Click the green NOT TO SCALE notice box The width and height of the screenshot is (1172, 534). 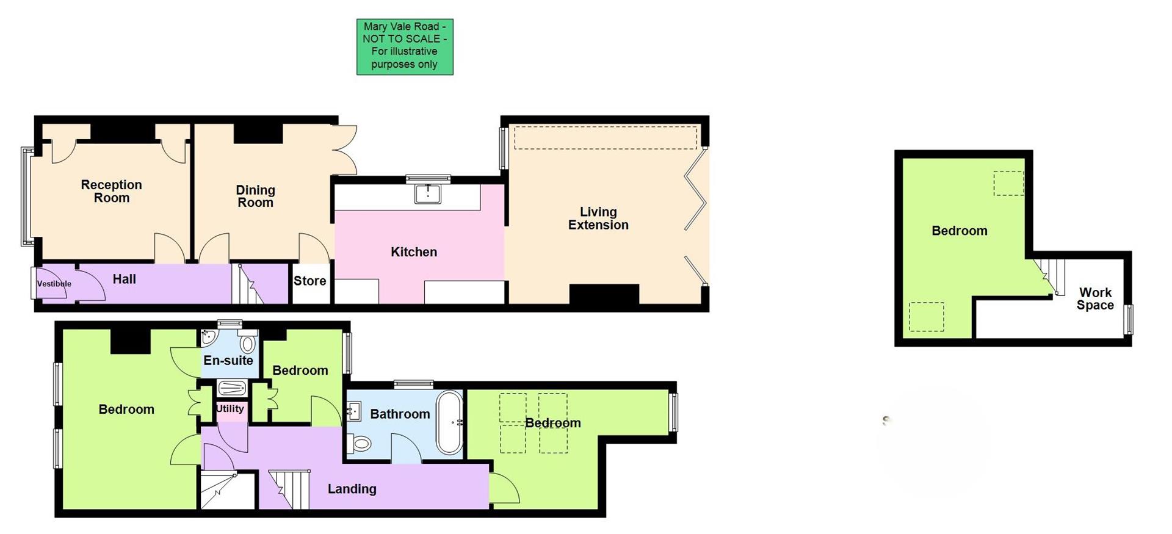405,46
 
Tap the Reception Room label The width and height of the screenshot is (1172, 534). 111,191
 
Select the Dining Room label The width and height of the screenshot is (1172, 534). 255,196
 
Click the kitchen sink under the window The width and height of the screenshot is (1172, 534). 427,193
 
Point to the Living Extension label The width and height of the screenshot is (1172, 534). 598,218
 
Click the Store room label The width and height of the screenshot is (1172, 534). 310,281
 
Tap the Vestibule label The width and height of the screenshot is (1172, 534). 54,284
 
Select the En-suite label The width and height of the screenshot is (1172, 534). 228,360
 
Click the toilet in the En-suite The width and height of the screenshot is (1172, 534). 248,341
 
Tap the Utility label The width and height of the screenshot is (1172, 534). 230,409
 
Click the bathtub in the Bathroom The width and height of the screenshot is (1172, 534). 449,422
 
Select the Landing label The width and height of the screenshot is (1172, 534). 352,489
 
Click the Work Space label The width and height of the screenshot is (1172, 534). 1095,299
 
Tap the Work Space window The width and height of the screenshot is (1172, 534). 1129,319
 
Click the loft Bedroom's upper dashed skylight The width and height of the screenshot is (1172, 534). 1008,183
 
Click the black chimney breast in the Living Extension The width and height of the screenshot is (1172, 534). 604,294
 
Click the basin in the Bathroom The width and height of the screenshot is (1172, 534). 354,411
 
